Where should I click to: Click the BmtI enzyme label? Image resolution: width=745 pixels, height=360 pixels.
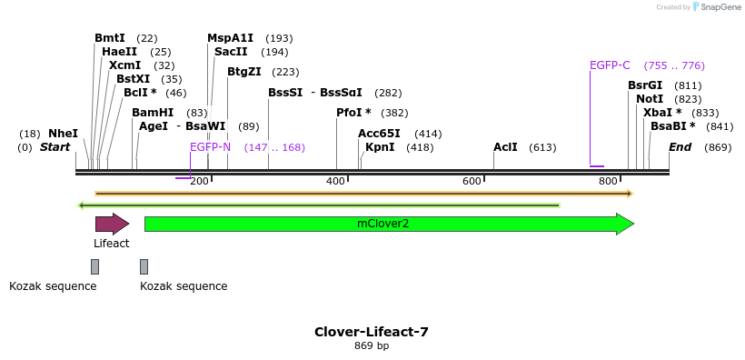point(109,38)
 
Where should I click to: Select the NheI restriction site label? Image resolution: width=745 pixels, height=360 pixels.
point(63,134)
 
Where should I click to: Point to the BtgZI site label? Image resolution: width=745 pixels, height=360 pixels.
point(243,72)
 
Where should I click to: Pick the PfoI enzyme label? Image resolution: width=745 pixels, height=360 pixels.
point(353,113)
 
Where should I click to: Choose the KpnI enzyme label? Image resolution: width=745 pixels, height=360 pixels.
point(380,147)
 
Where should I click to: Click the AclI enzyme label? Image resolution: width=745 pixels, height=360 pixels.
point(505,147)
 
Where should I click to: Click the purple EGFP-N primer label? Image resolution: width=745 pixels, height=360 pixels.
point(210,147)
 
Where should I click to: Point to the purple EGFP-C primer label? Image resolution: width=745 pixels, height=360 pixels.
point(610,65)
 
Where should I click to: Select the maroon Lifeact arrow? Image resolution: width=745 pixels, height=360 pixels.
point(112,224)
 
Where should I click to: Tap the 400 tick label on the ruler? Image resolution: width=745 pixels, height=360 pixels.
point(335,182)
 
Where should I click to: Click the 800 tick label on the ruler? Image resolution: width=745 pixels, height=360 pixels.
point(608,182)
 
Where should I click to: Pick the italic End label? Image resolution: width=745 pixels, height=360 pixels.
point(680,147)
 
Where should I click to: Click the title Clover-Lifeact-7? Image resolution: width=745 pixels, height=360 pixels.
point(371,332)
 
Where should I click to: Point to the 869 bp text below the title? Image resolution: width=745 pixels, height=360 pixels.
point(371,346)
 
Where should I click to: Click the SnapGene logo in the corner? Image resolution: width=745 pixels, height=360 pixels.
point(716,7)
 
